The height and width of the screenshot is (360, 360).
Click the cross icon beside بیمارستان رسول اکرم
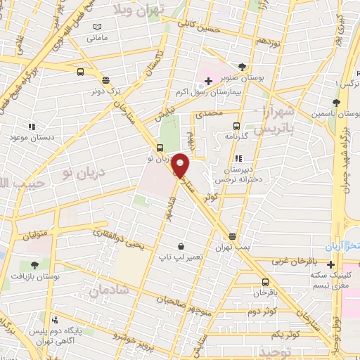[209, 82]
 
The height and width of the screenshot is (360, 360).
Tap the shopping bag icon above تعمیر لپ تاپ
[182, 247]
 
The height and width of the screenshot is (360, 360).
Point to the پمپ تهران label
[233, 248]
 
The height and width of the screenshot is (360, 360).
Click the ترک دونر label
[105, 91]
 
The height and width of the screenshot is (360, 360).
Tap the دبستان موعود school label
[31, 138]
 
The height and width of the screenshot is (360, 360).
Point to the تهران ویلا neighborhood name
[148, 10]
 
